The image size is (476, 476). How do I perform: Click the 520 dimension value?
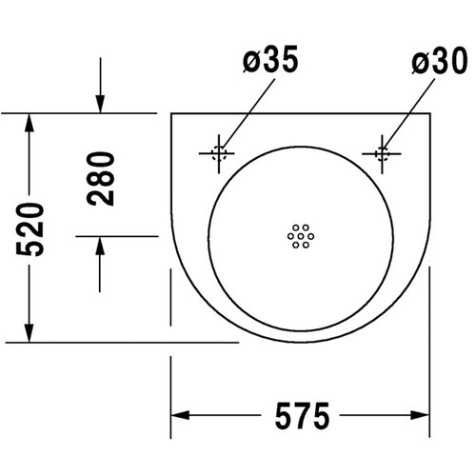click(31, 228)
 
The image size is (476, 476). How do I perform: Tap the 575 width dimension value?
click(302, 416)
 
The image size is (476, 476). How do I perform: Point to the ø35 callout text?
click(270, 61)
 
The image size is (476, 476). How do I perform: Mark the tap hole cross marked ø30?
click(383, 152)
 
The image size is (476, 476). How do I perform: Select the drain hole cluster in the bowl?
click(300, 235)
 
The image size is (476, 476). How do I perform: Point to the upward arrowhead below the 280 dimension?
click(100, 244)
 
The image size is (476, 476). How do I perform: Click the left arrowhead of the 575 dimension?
click(179, 416)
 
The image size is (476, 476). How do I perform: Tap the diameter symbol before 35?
click(250, 62)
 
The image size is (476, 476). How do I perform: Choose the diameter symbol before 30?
click(422, 62)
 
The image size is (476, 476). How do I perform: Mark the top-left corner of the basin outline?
click(172, 113)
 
